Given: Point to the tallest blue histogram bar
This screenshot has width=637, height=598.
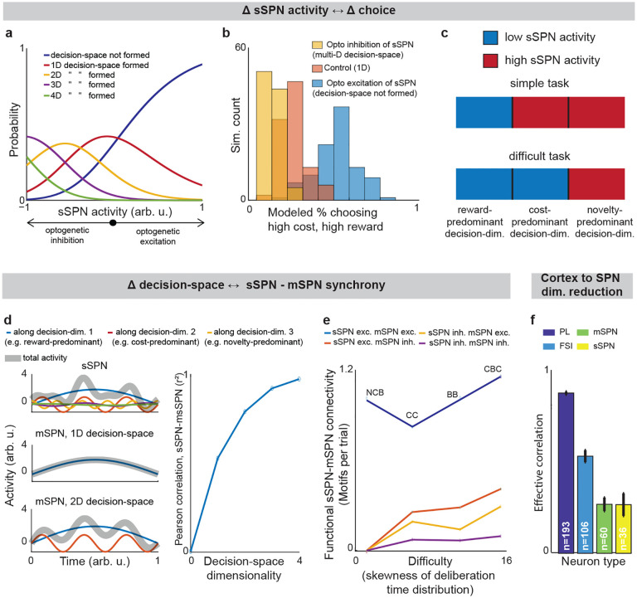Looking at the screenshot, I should [x=340, y=141].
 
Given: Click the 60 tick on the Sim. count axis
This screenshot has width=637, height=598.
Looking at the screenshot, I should [x=238, y=49].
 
